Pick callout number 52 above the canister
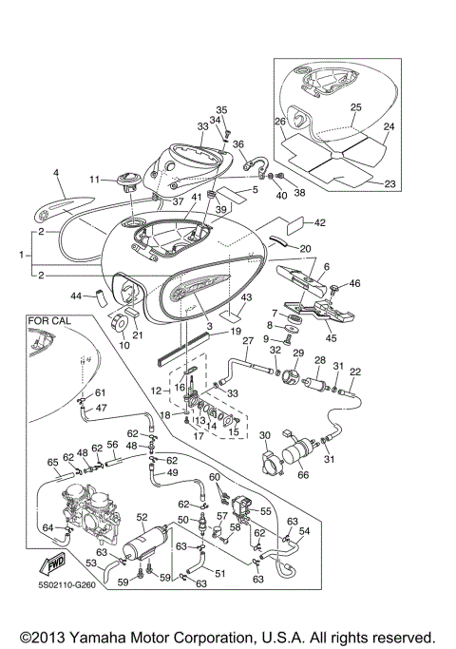[142, 518]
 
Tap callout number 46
[355, 283]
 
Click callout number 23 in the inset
[389, 183]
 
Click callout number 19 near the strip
[235, 331]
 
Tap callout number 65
[53, 462]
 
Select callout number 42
[319, 223]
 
